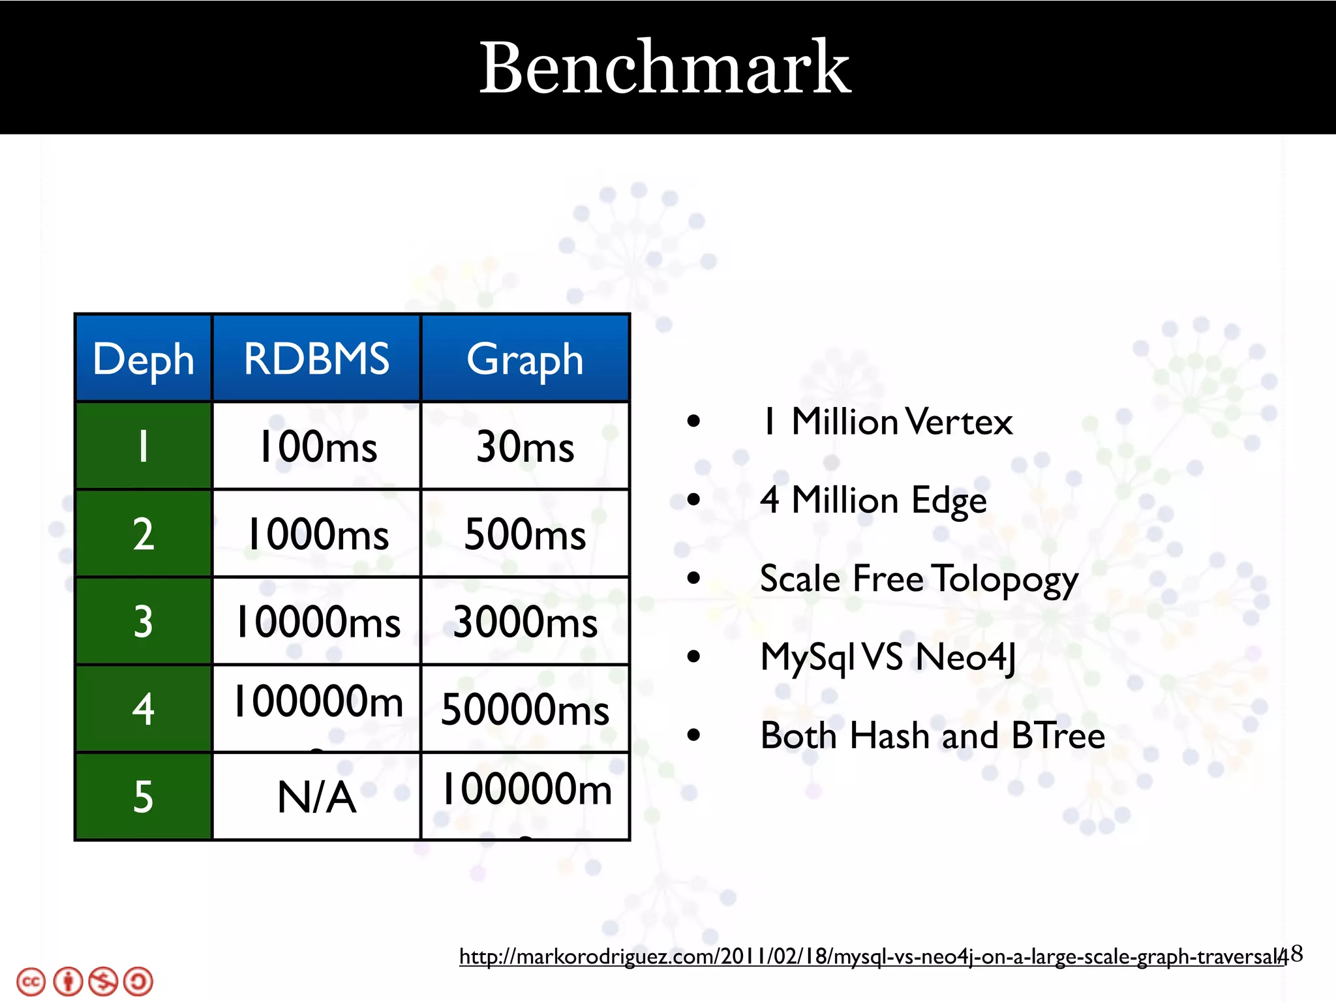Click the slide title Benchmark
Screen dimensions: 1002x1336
(665, 68)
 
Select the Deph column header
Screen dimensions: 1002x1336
(144, 359)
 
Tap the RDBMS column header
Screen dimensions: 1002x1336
(316, 359)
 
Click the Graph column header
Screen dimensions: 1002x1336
(525, 359)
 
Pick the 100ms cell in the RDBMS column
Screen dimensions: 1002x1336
(318, 447)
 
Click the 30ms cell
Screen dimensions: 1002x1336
(525, 447)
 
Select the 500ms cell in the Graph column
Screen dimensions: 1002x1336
(525, 534)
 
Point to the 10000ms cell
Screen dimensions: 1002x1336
(318, 622)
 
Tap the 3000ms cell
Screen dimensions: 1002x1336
(525, 622)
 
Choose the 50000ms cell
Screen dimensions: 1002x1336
(525, 709)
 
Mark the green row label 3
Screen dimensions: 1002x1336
(144, 622)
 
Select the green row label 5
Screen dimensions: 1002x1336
(144, 797)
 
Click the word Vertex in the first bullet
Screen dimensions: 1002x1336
(958, 422)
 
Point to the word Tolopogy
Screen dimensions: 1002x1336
(1005, 579)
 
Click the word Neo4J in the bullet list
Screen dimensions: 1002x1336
(965, 657)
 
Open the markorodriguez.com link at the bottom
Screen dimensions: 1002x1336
(871, 957)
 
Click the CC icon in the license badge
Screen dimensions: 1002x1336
(31, 982)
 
